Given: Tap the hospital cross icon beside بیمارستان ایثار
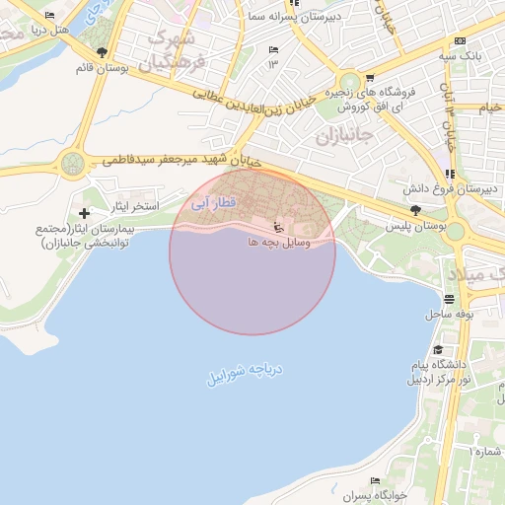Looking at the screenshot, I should (84, 213).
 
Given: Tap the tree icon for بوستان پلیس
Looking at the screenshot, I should (415, 209).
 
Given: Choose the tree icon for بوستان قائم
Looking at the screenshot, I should (102, 52).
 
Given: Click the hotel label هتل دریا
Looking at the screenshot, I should (74, 29).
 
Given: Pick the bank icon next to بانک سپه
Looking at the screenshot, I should (460, 40).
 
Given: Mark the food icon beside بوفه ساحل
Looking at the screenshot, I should (450, 299).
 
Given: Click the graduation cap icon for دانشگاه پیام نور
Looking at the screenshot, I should (438, 349).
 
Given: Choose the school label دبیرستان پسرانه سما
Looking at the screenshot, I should (329, 17).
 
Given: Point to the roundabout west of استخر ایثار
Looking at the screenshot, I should (72, 164).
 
